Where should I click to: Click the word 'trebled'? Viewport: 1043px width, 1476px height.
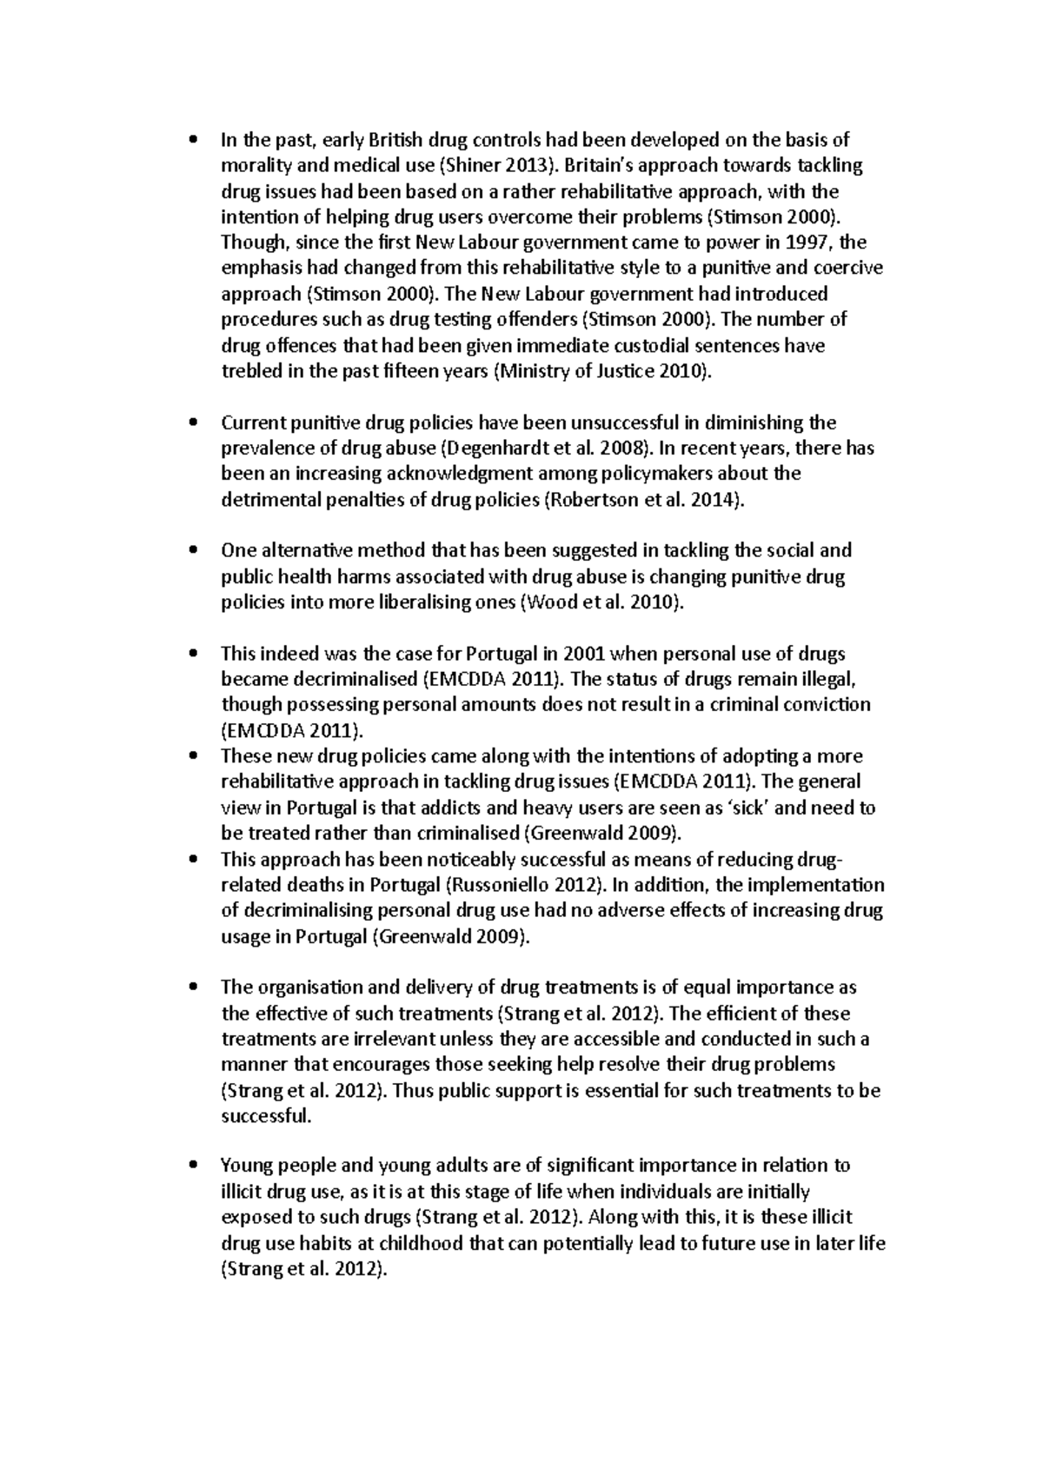[251, 371]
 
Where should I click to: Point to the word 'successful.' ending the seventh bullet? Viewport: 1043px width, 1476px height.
[265, 1116]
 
